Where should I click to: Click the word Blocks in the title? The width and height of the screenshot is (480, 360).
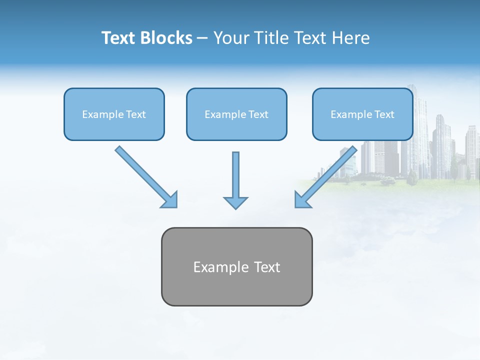pos(166,38)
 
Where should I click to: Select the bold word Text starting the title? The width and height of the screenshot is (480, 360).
pos(118,38)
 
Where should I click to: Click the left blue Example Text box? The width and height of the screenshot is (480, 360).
pos(114,114)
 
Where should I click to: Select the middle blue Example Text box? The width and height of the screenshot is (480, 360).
pos(236,114)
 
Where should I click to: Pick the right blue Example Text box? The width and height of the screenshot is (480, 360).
pos(362,114)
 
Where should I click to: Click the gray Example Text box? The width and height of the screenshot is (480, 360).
pos(236,266)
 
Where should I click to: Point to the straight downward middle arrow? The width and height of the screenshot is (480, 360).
pos(235,175)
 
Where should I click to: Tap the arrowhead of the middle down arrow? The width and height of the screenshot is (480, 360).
pos(235,202)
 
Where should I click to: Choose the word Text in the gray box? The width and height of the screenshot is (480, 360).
pos(267,267)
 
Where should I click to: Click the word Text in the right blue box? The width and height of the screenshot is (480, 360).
pos(384,114)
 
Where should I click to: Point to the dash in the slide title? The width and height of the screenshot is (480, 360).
pos(202,38)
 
